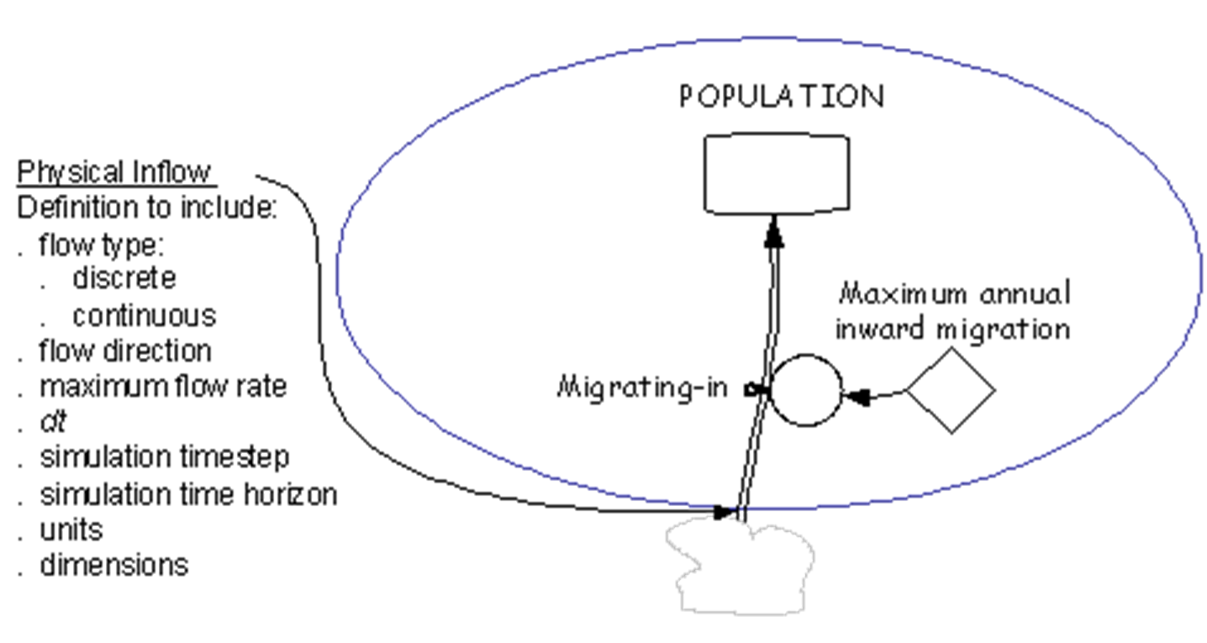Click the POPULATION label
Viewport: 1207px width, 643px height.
coord(782,97)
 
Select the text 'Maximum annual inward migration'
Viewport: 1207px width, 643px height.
coord(953,312)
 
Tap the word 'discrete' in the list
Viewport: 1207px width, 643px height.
coord(124,278)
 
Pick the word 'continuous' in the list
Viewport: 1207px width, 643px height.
coord(145,315)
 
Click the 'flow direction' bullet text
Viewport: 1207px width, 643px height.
coord(125,350)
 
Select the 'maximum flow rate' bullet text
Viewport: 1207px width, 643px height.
coord(163,387)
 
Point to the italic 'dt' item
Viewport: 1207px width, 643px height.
coord(53,421)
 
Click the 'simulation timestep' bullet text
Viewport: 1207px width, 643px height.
coord(165,458)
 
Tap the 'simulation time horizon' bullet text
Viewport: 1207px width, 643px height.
coord(188,494)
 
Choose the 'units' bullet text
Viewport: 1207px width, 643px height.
coord(71,530)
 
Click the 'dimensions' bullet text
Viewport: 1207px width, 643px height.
coord(114,566)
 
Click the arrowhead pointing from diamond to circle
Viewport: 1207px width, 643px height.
coord(856,398)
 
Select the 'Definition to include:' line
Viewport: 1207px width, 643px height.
coord(147,208)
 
